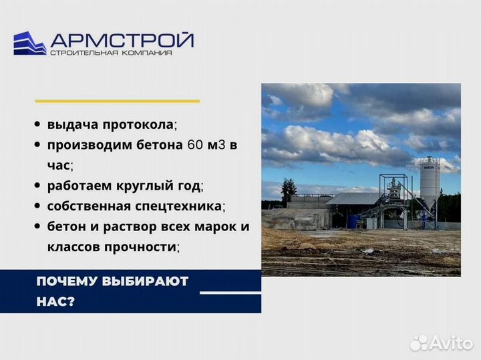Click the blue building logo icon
(x=30, y=43)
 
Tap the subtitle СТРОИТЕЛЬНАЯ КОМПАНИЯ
(x=111, y=53)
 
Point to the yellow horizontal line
(x=117, y=101)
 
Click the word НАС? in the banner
(x=56, y=302)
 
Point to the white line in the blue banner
(x=230, y=293)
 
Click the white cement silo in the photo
(x=430, y=180)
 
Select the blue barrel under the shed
(x=353, y=222)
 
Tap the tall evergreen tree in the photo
(x=289, y=191)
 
